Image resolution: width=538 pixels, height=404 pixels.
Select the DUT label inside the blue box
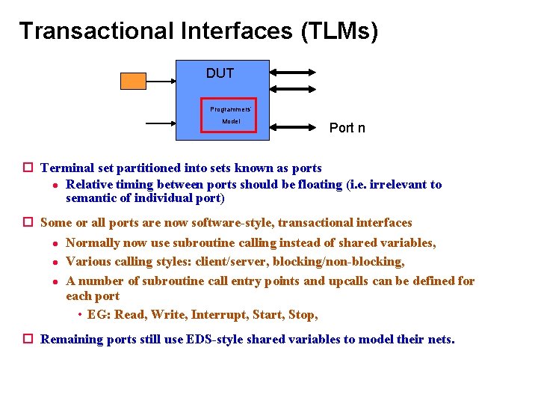220,73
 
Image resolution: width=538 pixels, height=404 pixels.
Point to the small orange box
134,80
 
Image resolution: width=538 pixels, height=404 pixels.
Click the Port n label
347,128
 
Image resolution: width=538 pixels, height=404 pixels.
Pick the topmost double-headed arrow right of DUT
293,73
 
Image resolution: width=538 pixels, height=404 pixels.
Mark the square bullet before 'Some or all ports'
28,223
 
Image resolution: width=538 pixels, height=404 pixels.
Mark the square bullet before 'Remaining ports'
28,340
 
